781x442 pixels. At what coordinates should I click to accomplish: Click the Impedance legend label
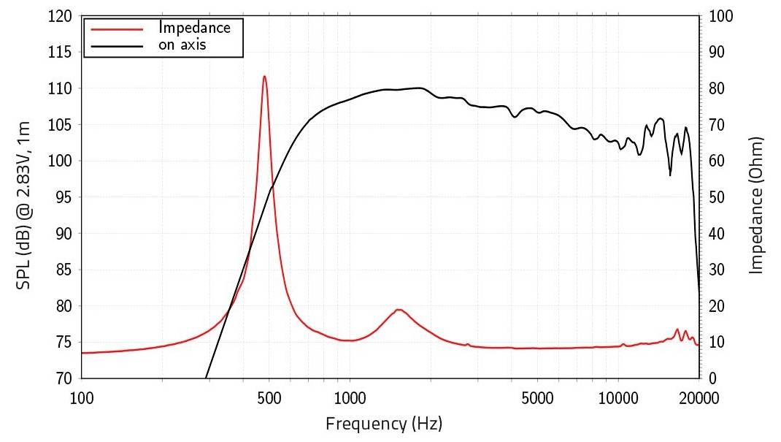click(x=195, y=28)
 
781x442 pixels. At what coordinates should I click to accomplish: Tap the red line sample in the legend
click(x=115, y=28)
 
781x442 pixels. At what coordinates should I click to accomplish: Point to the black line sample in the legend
click(x=115, y=45)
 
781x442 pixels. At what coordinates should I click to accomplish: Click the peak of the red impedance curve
click(x=264, y=76)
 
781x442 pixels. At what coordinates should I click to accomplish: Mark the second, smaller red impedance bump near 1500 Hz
click(x=399, y=310)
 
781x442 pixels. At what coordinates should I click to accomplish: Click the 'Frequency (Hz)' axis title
click(x=384, y=423)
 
